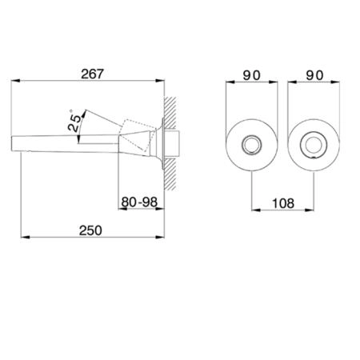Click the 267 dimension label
92,74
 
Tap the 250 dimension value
90,230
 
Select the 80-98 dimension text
139,202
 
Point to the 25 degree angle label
74,122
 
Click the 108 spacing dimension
283,203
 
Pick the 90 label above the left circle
251,75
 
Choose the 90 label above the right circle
314,75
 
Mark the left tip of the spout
11,144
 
